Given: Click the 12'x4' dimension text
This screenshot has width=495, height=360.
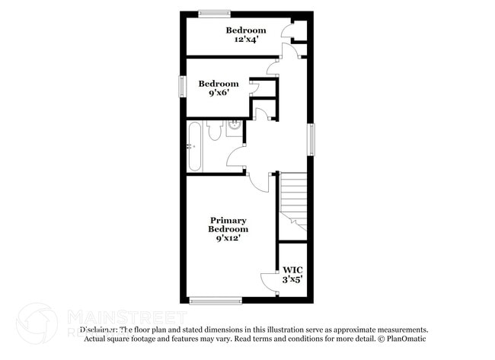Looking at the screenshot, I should (246, 40).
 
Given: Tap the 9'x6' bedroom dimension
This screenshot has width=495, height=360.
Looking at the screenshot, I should (219, 94).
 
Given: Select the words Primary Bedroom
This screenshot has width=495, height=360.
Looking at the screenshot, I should (229, 225).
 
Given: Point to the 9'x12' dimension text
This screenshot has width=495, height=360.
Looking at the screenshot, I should (229, 238).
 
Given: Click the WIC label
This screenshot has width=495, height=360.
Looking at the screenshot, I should (292, 269).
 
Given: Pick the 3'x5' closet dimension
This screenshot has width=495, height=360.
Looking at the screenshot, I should (292, 279).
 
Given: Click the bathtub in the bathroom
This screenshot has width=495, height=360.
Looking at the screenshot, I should (195, 146).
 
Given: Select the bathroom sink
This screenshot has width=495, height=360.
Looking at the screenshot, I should (234, 127).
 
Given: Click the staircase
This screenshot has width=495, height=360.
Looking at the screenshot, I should (293, 202).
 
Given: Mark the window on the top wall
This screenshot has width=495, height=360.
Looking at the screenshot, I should (216, 12).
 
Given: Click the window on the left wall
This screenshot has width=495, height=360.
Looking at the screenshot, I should (182, 85).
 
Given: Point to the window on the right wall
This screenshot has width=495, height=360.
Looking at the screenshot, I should (311, 140).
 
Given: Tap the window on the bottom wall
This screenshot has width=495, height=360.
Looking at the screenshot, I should (216, 301).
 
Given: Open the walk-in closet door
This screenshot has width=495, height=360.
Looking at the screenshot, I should (269, 281).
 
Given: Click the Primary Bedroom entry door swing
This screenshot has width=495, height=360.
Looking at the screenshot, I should (261, 183).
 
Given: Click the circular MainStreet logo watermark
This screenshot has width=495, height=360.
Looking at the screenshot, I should (37, 323).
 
